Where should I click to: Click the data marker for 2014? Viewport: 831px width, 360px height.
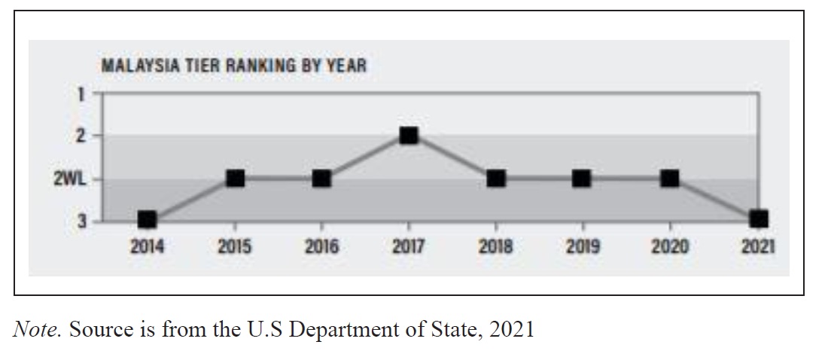[x=148, y=219]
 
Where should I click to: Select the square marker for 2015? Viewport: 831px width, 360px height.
[x=235, y=178]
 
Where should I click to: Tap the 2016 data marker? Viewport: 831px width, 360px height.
[x=321, y=178]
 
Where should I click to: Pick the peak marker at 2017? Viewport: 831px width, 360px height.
[x=409, y=136]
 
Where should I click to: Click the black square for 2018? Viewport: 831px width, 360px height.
[x=495, y=178]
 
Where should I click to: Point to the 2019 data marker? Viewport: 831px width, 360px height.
[x=582, y=178]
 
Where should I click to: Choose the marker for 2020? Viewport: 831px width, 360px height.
[x=670, y=178]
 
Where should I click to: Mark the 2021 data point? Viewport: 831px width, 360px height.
[x=759, y=218]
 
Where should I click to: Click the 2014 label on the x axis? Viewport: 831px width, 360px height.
[x=148, y=246]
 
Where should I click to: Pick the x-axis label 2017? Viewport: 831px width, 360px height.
[x=409, y=246]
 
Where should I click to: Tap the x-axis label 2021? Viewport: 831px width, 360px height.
[x=758, y=246]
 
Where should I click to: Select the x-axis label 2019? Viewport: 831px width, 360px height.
[x=582, y=246]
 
